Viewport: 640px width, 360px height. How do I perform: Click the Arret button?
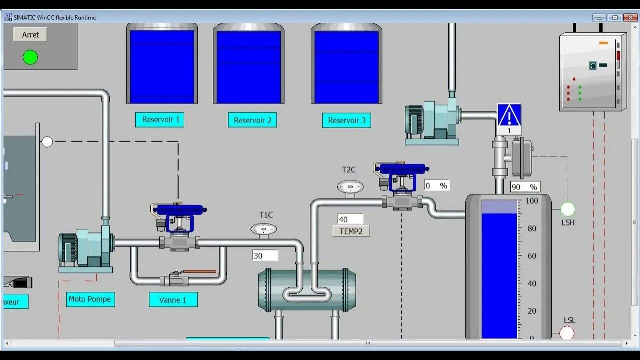tap(30, 35)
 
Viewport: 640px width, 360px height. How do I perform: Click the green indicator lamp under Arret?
tap(30, 57)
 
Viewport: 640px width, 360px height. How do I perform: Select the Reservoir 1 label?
tap(160, 120)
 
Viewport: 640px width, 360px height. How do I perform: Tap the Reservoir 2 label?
tap(252, 120)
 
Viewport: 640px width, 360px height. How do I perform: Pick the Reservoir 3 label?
tap(346, 120)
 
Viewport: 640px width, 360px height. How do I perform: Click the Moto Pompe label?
tap(90, 299)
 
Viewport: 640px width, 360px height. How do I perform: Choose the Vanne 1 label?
tap(173, 300)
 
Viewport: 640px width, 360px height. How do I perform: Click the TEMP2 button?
tap(351, 231)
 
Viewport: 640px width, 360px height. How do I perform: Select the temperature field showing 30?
tap(265, 256)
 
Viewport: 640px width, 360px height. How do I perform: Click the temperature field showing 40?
tap(350, 219)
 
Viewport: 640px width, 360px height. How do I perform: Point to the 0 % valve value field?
tap(436, 186)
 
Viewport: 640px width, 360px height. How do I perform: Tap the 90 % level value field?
tap(525, 187)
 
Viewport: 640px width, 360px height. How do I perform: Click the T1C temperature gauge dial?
tap(264, 229)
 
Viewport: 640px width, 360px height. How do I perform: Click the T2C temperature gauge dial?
tap(350, 187)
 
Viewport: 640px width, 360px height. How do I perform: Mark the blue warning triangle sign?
tap(509, 116)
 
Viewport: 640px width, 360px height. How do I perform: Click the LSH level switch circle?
tap(568, 209)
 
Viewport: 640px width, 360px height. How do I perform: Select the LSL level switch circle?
tap(567, 333)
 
